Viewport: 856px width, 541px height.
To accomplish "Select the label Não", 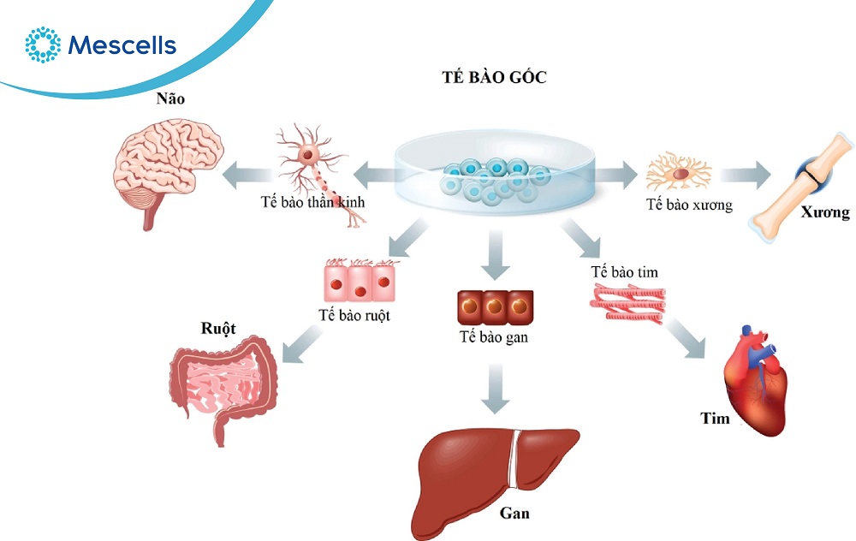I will (170, 99).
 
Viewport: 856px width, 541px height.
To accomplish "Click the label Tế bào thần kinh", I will (312, 203).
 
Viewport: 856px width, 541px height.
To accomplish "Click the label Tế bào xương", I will (689, 205).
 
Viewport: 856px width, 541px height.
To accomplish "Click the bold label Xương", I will (826, 213).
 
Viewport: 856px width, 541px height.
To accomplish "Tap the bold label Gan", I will (514, 514).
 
